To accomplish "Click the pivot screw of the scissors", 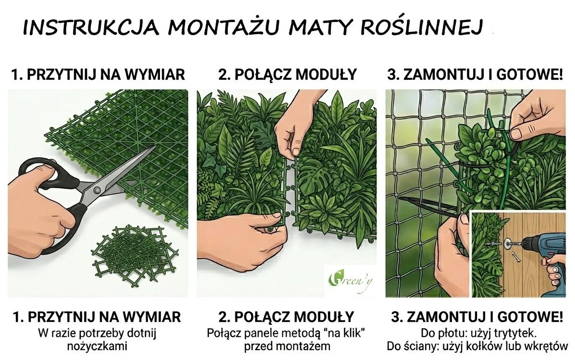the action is click(x=97, y=190).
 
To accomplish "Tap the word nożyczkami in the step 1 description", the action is click(x=97, y=346).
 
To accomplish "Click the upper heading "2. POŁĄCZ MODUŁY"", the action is click(x=287, y=74).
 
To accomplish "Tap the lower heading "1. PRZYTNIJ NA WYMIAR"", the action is click(x=97, y=317).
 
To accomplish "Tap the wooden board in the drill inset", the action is click(x=528, y=253).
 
